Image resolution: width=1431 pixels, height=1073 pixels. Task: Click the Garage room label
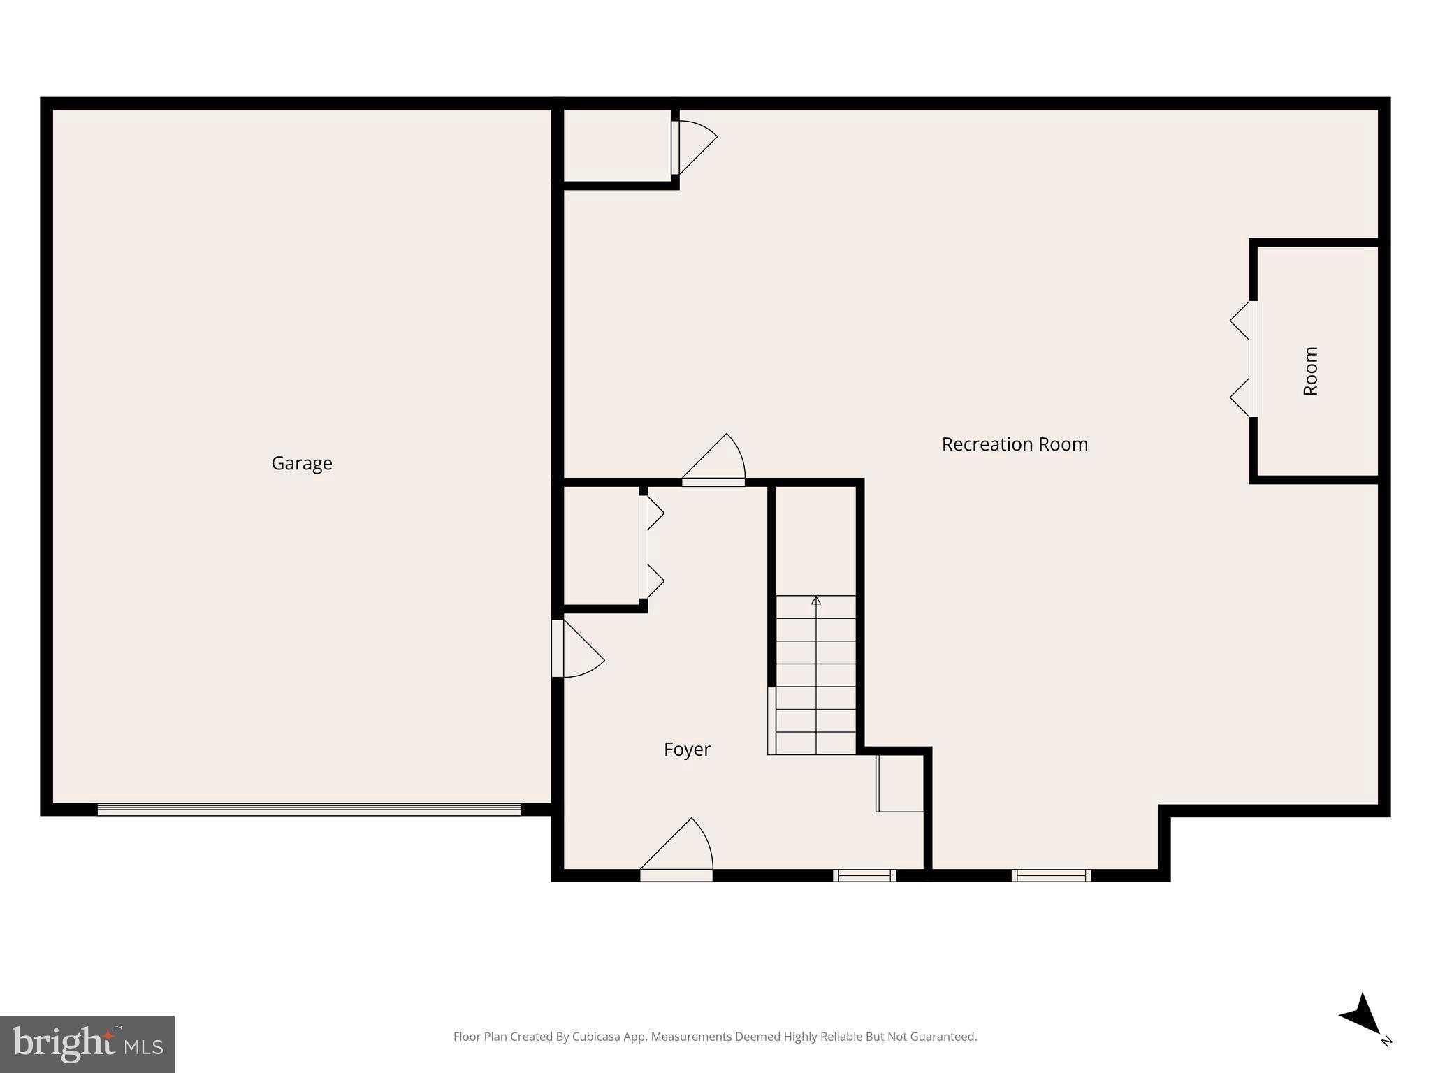[x=302, y=463]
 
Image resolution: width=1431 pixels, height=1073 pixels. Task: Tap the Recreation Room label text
[x=1015, y=444]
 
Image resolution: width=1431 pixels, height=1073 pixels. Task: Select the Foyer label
[x=687, y=750]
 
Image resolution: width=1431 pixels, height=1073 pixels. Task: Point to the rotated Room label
[x=1311, y=371]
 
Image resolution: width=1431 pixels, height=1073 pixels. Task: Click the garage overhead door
[x=309, y=810]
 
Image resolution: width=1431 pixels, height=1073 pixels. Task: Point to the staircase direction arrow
[x=815, y=601]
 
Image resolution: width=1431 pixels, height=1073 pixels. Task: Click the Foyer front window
[x=864, y=875]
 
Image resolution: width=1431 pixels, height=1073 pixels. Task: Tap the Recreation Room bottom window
[x=1051, y=875]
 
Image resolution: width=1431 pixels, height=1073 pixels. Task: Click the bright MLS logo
[x=87, y=1044]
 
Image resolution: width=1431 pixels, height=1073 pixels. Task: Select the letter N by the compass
[x=1387, y=1042]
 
